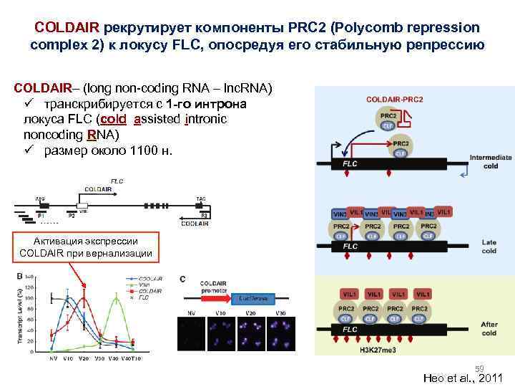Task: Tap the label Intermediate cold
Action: pos(490,161)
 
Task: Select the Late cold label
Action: pos(489,247)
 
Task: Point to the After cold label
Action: pos(489,328)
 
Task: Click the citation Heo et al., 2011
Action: pos(463,378)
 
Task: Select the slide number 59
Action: pos(481,367)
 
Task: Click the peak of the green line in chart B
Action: pos(117,299)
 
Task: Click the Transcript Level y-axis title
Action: pos(21,315)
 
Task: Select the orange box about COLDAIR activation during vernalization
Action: pos(86,247)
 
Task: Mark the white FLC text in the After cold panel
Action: pos(350,329)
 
